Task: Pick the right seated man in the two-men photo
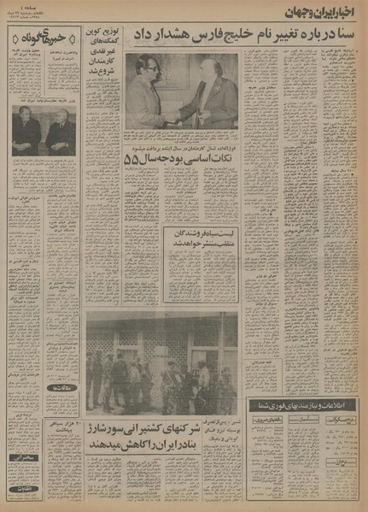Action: (x=61, y=132)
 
